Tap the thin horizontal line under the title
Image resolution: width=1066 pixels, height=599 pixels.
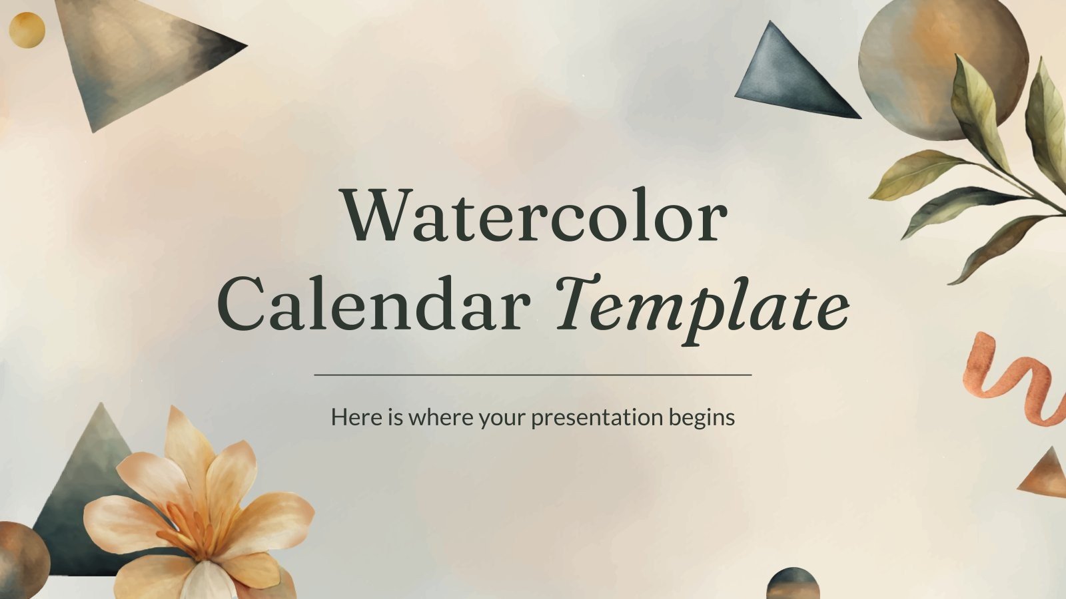(x=533, y=375)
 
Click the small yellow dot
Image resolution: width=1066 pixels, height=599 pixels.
(x=27, y=30)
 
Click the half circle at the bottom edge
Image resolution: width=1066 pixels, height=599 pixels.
(x=792, y=584)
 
